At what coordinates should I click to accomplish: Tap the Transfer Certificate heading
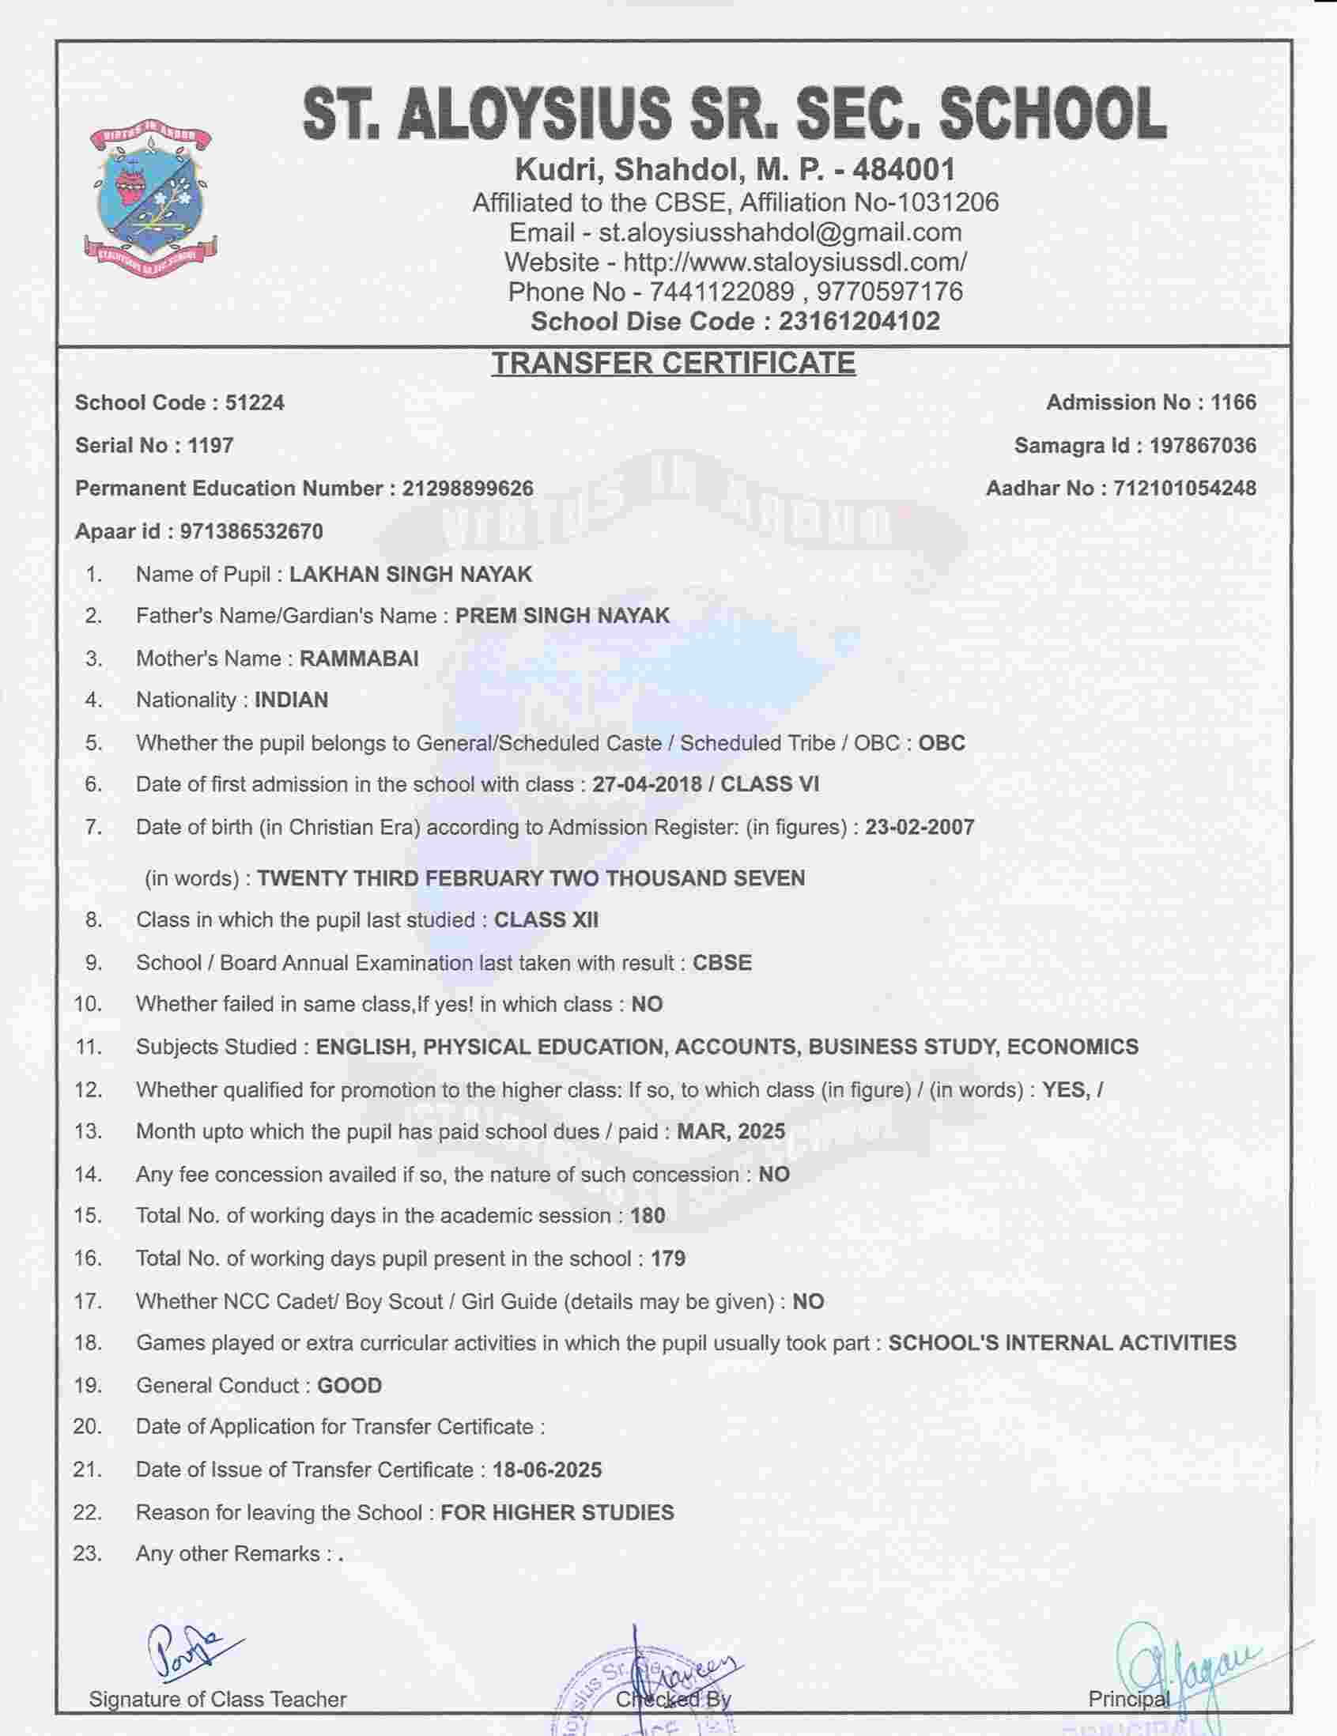[673, 364]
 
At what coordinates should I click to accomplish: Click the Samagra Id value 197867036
[1203, 446]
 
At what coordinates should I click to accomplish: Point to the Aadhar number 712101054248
[1184, 488]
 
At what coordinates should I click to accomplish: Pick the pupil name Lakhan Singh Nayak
[410, 574]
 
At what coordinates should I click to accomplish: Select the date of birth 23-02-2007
[920, 828]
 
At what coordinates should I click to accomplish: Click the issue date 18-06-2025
[547, 1470]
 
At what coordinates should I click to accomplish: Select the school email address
[780, 232]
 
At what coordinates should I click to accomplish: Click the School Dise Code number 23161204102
[859, 321]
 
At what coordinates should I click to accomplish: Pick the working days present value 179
[667, 1259]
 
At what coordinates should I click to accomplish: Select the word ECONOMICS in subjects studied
[1072, 1047]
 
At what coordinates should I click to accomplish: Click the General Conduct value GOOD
[349, 1386]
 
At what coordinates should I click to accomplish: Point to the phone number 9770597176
[889, 292]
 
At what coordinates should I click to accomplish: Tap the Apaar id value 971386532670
[251, 531]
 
